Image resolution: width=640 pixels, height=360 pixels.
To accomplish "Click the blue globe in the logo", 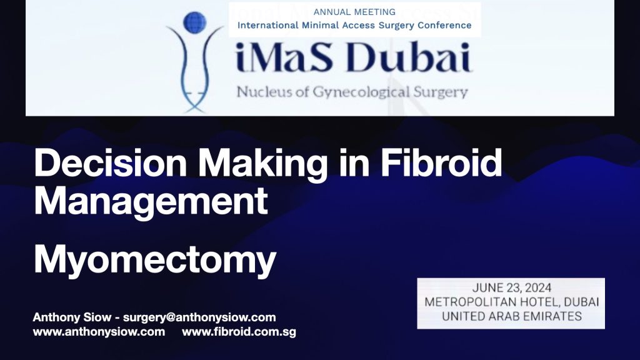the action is tap(195, 22).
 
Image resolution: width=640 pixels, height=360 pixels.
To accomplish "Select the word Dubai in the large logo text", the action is tap(409, 57).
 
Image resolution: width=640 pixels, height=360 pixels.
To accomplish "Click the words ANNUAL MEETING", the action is tap(354, 12).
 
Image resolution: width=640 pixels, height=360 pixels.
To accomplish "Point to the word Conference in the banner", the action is tap(444, 25).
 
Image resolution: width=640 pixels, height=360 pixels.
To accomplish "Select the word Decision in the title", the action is tap(111, 163).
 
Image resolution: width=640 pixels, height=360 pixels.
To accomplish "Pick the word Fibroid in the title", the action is tap(441, 163).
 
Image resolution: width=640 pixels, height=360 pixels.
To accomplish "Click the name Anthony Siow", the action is tap(72, 317).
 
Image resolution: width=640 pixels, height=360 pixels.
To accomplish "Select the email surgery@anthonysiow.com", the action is tap(199, 317).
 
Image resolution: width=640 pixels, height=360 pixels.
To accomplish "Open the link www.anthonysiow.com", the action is tap(99, 331).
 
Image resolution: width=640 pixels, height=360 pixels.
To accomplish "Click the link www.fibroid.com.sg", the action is tap(239, 332).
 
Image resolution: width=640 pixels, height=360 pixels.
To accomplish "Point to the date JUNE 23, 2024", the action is tap(512, 288).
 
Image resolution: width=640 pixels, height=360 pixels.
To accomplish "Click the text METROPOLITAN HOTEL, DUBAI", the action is tap(512, 302).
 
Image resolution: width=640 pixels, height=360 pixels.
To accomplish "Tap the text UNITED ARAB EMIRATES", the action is tap(512, 316).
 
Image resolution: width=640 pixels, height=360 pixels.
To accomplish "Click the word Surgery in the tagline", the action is tap(441, 92).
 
